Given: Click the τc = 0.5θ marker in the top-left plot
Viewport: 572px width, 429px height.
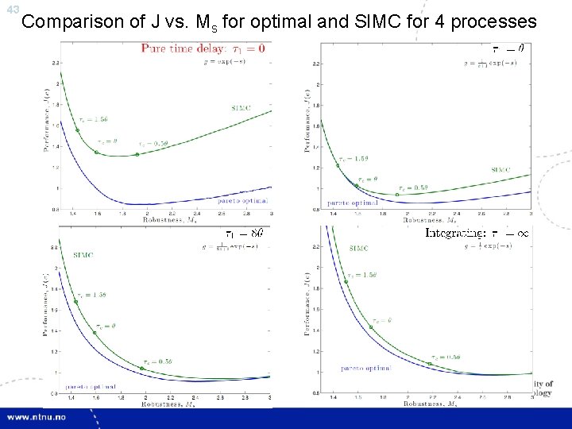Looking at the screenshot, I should coord(137,154).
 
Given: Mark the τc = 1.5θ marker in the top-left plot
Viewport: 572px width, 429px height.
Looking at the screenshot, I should coord(77,130).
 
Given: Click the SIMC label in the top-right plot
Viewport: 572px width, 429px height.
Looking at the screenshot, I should coord(500,169).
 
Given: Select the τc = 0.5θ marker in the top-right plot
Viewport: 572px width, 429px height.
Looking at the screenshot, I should coord(397,195).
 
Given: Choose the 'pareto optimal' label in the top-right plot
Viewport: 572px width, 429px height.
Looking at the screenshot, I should coord(353,203).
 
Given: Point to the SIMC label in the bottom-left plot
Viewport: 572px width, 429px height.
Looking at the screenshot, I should coord(87,254).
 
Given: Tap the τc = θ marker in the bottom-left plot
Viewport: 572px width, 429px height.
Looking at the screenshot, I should coord(95,332).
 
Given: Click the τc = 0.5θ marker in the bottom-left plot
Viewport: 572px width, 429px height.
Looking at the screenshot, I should coord(141,369).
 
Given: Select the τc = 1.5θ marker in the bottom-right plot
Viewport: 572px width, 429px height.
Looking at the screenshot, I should coord(346,281).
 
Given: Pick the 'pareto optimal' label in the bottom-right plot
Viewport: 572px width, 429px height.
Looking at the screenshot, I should coord(366,369).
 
